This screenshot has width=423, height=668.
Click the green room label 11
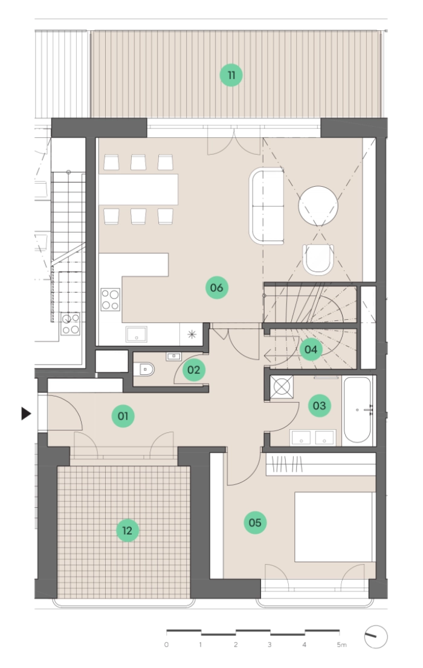coord(231,76)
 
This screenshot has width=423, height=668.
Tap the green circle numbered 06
coord(216,288)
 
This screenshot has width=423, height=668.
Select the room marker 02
coord(194,370)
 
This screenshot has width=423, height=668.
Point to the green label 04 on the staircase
coord(311,350)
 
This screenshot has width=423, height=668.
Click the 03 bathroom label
coord(320,406)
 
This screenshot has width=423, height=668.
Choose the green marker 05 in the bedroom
coord(255,523)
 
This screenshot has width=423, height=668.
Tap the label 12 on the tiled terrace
coord(128,530)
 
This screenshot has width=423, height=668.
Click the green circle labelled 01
coord(123,416)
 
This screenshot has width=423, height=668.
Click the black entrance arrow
coord(27,413)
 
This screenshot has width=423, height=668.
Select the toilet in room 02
coord(144,369)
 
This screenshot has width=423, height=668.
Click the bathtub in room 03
coord(357,410)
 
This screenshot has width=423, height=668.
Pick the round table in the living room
coord(318,206)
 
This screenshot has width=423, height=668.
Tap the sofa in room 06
coord(266,206)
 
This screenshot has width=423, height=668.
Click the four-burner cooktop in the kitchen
coord(111,299)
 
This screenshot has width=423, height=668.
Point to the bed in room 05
coord(335,527)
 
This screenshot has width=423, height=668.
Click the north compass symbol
coord(376,637)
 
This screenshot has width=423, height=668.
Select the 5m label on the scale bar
coord(341,645)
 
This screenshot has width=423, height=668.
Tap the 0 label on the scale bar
coord(166,645)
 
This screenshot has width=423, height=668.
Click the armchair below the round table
coord(318,259)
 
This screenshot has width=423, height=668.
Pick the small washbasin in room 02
coord(174,356)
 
